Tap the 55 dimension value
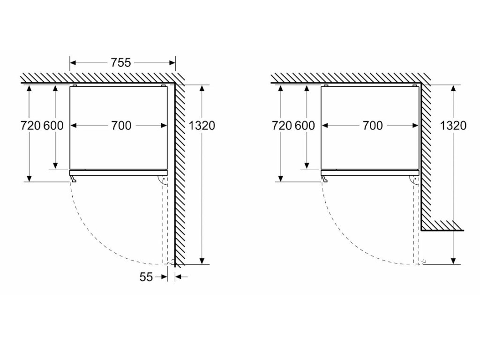146,277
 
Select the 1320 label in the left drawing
202,126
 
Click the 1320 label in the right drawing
453,126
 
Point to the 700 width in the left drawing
121,126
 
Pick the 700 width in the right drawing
372,126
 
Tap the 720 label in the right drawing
282,126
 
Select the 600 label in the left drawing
53,126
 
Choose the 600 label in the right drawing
304,126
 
